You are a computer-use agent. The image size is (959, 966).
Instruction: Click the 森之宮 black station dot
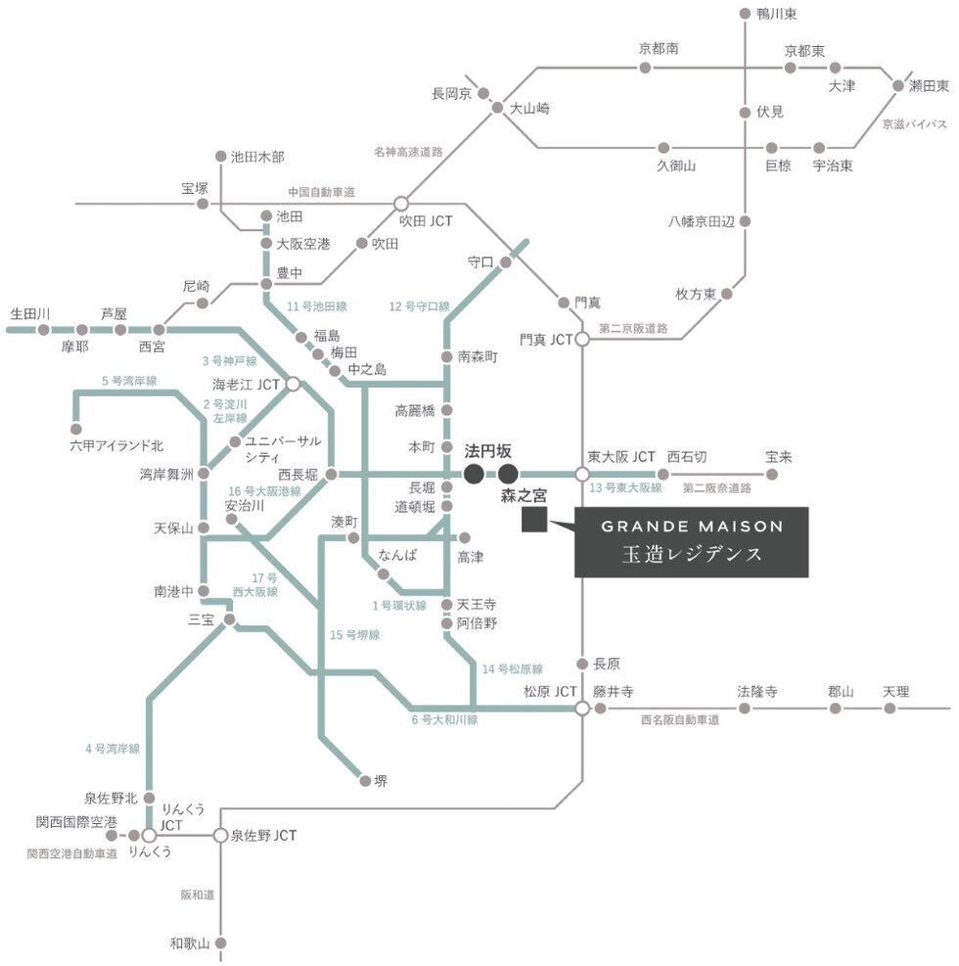pos(508,475)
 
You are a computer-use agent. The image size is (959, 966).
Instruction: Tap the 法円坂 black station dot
pos(473,475)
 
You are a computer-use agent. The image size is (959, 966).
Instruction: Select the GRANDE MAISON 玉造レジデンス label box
pos(691,541)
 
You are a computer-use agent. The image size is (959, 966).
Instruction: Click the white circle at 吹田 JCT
pos(400,204)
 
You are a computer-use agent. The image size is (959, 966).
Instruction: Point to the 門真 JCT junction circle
pos(581,340)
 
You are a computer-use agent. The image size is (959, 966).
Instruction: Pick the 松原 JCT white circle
pos(581,708)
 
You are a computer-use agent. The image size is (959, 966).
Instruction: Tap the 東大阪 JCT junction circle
pos(581,475)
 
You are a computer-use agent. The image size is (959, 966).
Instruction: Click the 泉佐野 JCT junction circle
pos(221,836)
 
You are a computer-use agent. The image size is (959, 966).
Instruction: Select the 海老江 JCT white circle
pos(293,384)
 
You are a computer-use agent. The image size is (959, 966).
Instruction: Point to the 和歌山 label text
pos(190,944)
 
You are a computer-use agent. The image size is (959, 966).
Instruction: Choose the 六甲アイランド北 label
pos(116,446)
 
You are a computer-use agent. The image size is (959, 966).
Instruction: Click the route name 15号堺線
pos(354,635)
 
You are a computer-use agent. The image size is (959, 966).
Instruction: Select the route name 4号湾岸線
pos(113,749)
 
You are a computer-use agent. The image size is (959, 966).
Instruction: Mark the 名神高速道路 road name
pos(408,152)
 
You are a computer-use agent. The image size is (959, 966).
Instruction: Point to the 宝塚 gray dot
pos(203,204)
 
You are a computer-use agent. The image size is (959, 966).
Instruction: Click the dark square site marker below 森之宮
pos(533,521)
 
